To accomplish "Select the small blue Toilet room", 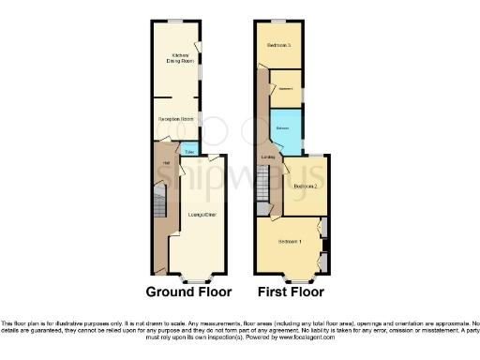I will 190,150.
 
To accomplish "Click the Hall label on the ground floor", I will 166,164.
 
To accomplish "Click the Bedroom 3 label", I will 279,45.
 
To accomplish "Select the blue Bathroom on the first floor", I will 284,128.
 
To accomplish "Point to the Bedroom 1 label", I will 290,243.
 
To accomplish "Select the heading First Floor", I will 291,292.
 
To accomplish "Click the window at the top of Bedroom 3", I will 279,21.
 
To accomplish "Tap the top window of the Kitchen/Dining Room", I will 174,21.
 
